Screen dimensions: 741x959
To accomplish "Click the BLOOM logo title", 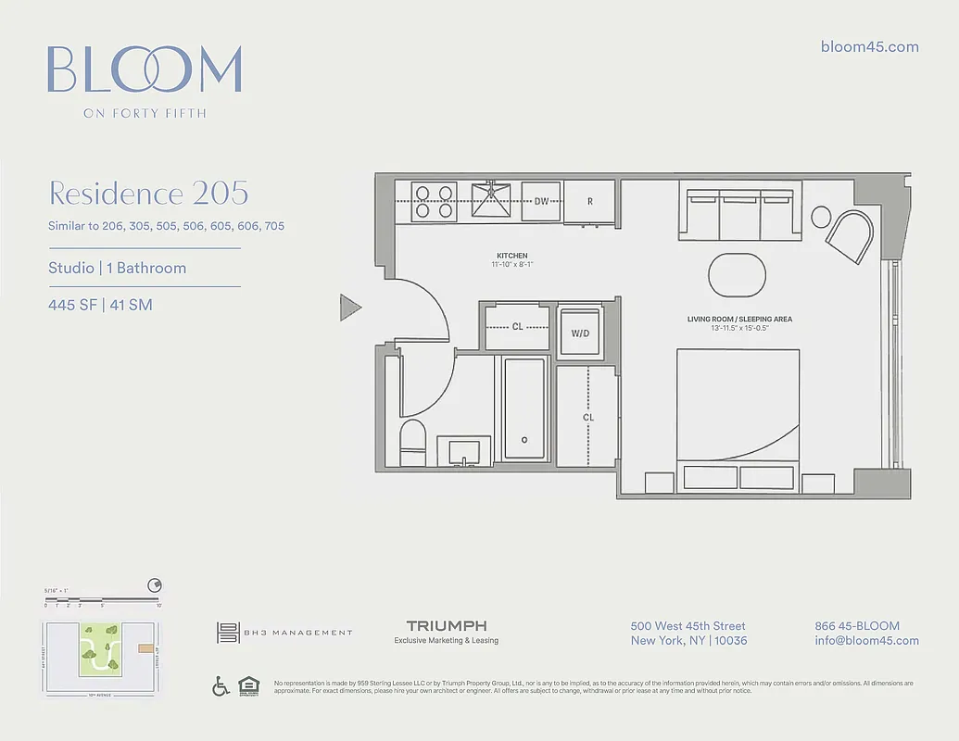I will pyautogui.click(x=145, y=69).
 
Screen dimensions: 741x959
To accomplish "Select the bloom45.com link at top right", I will pyautogui.click(x=869, y=46).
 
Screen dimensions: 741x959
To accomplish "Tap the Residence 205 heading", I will pyautogui.click(x=148, y=194).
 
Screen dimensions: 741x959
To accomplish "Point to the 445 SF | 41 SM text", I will pyautogui.click(x=100, y=304).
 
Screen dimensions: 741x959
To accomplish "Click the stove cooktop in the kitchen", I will pyautogui.click(x=434, y=201).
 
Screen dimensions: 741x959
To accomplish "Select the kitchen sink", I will pyautogui.click(x=492, y=200).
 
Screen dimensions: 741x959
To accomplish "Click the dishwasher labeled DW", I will pyautogui.click(x=540, y=201).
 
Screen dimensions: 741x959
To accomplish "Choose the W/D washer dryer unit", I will pyautogui.click(x=580, y=333).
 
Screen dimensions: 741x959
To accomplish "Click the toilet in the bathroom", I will pyautogui.click(x=412, y=443).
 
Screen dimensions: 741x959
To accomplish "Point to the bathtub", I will pyautogui.click(x=524, y=409).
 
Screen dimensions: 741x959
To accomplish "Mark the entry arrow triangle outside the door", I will pyautogui.click(x=349, y=307).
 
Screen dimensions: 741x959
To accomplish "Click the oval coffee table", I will pyautogui.click(x=738, y=274).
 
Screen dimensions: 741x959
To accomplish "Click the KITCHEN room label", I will pyautogui.click(x=511, y=256).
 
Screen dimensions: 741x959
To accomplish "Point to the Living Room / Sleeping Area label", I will pyautogui.click(x=738, y=320).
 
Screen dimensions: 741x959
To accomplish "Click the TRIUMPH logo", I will pyautogui.click(x=446, y=627).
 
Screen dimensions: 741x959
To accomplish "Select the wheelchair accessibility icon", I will pyautogui.click(x=221, y=686).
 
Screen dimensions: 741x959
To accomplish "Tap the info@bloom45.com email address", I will pyautogui.click(x=866, y=640).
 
